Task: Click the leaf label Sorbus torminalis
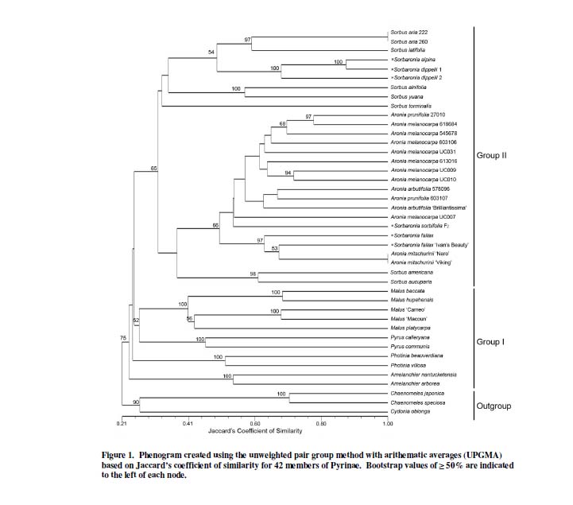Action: tap(410, 105)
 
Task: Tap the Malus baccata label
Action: tap(407, 293)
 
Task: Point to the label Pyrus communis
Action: tap(408, 347)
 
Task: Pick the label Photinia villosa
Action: tap(407, 365)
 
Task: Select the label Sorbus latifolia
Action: tap(407, 50)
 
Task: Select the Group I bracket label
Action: tap(490, 341)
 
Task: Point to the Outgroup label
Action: tap(494, 406)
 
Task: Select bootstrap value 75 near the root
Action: tap(123, 338)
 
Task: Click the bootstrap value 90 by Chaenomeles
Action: tap(135, 403)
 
